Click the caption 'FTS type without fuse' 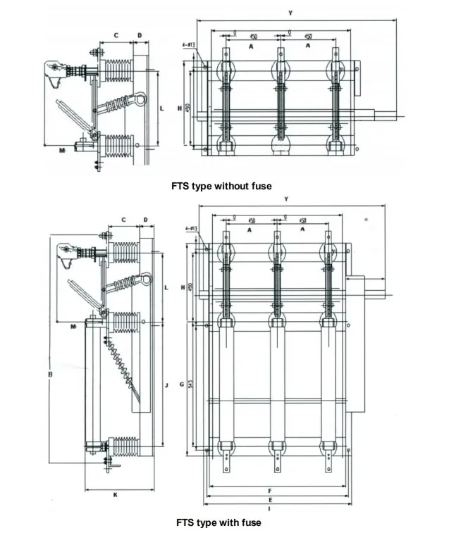pos(221,186)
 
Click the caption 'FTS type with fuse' pos(219,522)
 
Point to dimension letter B pos(50,374)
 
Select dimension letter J pos(166,385)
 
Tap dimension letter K pos(116,495)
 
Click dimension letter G pos(182,384)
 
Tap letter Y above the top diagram pos(290,13)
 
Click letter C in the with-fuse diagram pos(123,220)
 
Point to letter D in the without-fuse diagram pos(140,35)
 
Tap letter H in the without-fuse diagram pos(180,108)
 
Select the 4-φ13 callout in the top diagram pos(188,44)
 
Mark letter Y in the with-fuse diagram pos(285,199)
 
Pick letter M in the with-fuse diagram pos(73,327)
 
